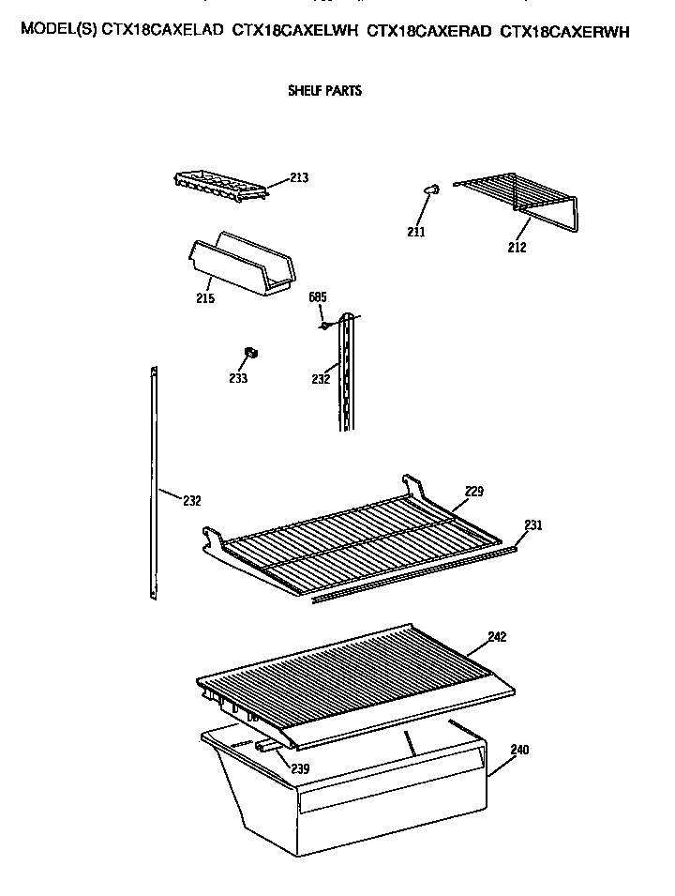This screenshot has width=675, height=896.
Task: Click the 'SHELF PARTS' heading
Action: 323,92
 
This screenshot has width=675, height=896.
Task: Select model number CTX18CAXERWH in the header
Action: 564,31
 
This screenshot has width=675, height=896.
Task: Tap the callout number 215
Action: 205,298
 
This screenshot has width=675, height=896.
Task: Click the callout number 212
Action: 517,248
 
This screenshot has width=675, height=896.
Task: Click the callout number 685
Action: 318,297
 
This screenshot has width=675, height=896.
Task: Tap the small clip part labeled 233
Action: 251,353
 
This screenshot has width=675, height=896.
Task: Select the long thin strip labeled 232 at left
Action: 153,478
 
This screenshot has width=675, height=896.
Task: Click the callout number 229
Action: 473,491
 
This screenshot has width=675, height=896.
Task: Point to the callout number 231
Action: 532,525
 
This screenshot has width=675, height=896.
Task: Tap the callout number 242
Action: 497,637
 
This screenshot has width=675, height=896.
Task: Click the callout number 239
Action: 299,769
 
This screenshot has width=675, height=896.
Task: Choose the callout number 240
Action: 519,750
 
